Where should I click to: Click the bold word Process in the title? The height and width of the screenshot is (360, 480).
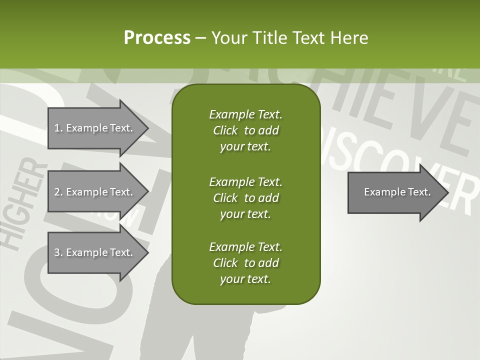click(157, 38)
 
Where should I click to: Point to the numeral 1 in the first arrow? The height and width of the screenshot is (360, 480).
click(57, 128)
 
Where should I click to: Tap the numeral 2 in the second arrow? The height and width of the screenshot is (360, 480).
click(57, 192)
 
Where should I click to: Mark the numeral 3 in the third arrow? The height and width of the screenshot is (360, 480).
click(57, 252)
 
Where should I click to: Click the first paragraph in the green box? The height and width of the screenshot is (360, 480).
click(245, 130)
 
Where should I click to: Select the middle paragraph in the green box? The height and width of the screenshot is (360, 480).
click(245, 197)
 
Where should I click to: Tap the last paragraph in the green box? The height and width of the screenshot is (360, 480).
click(245, 263)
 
